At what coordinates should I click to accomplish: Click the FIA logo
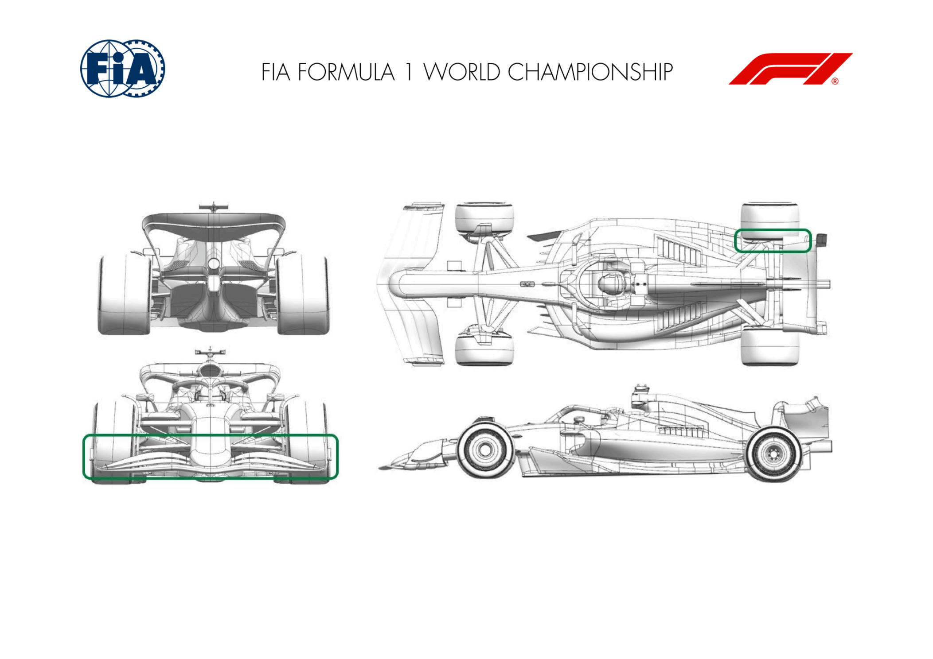(x=122, y=68)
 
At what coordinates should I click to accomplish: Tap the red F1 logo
(x=790, y=69)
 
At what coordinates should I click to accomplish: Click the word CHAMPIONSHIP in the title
(x=590, y=72)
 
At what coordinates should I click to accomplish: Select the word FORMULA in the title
(x=346, y=72)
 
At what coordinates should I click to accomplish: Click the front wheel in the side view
(x=485, y=450)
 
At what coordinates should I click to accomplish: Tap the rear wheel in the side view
(x=773, y=454)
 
